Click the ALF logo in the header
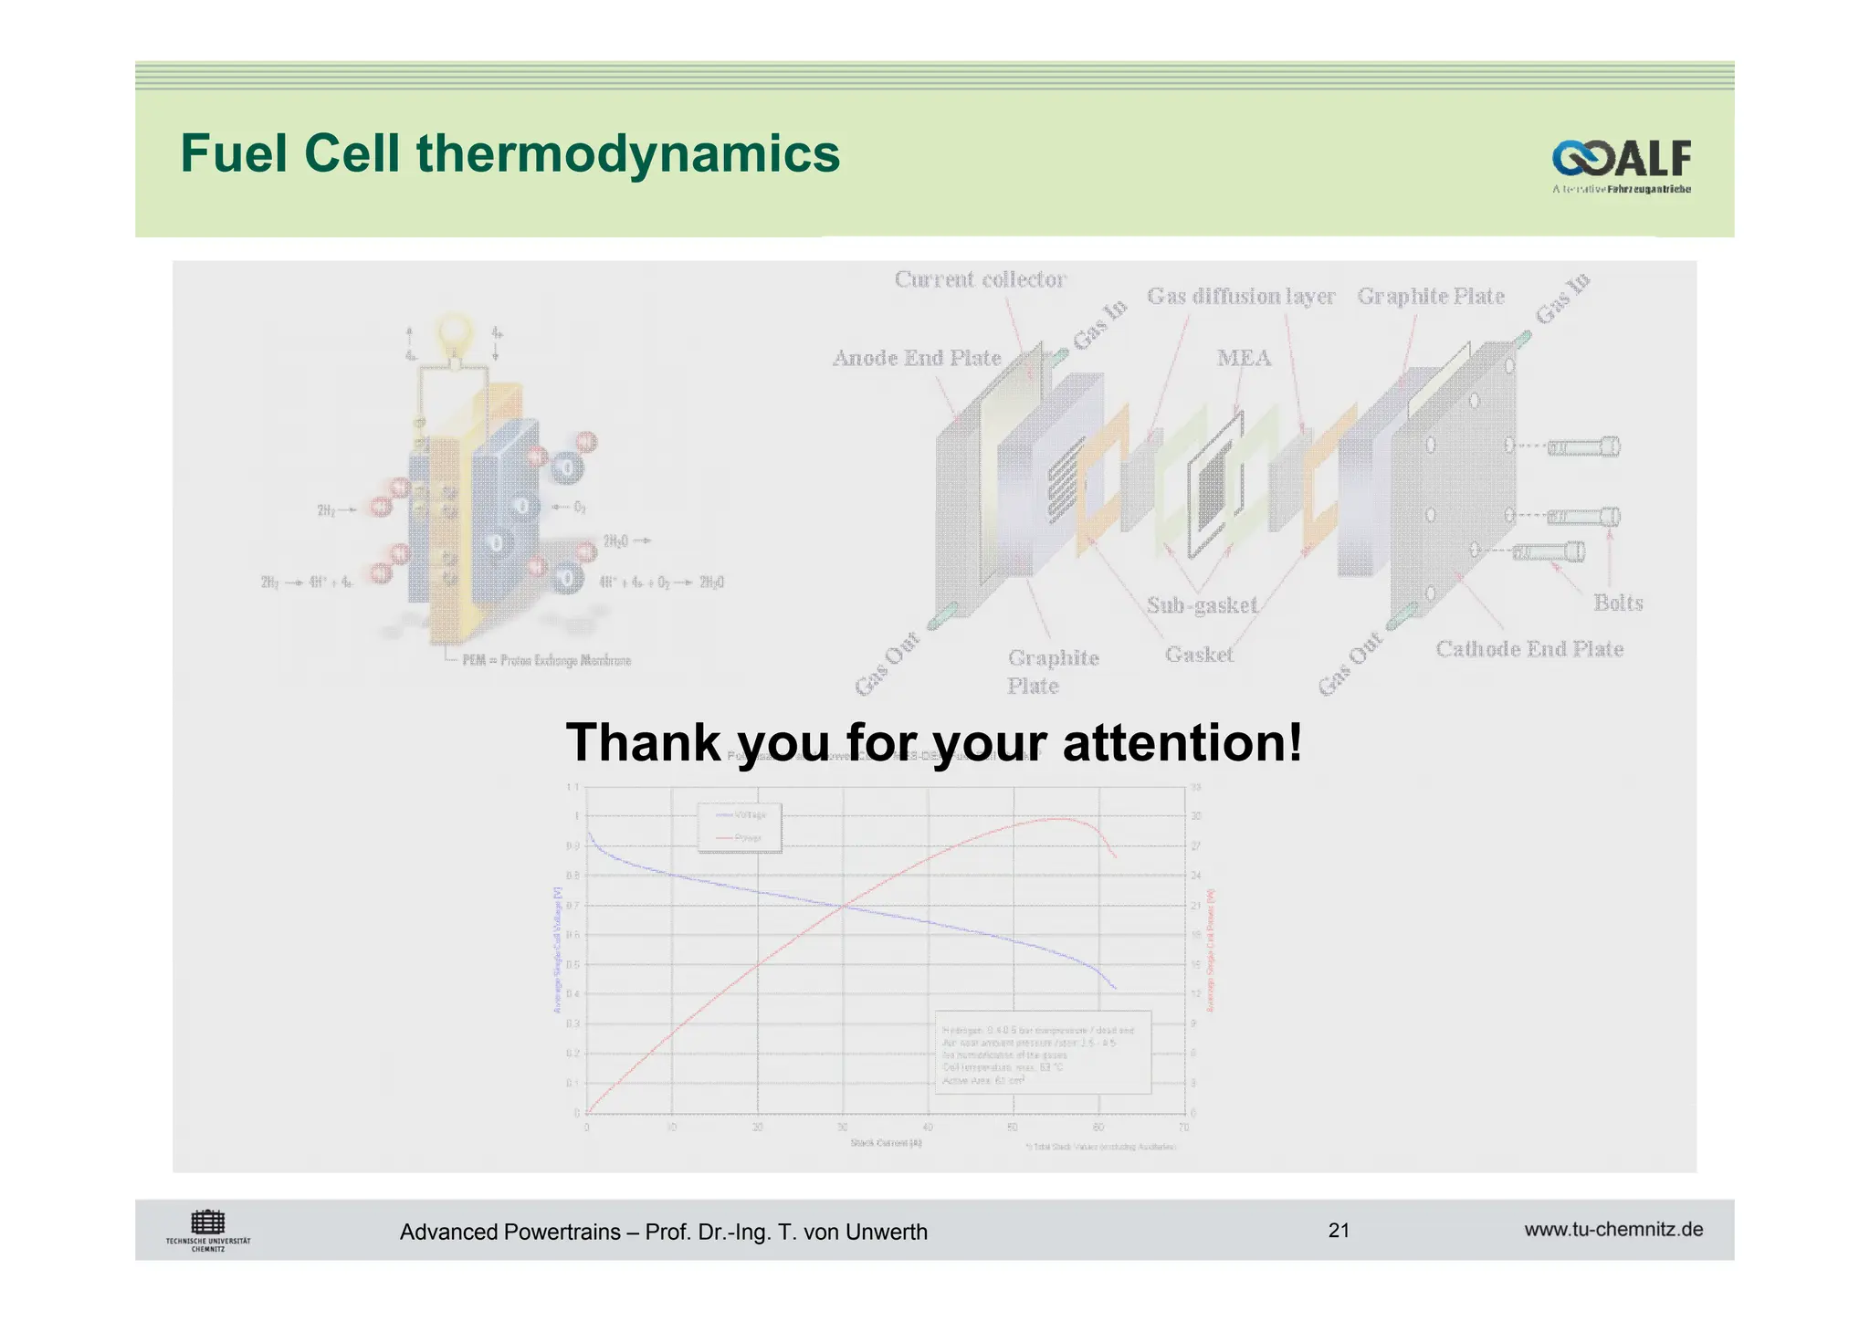click(x=1621, y=162)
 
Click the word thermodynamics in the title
click(x=628, y=153)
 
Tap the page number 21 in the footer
click(x=1339, y=1230)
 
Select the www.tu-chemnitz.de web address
click(x=1613, y=1229)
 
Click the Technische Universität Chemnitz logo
click(x=208, y=1230)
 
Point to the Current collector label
click(x=980, y=279)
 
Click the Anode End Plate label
click(x=917, y=358)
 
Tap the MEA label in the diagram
click(x=1244, y=358)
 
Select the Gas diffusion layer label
click(x=1241, y=296)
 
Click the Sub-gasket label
click(x=1202, y=604)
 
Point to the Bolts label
click(x=1618, y=603)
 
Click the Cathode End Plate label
click(x=1529, y=649)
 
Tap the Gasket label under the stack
click(x=1199, y=655)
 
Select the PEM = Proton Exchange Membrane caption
click(x=546, y=660)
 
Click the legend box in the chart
click(x=740, y=826)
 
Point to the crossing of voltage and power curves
click(x=843, y=906)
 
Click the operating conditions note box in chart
click(x=1043, y=1052)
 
